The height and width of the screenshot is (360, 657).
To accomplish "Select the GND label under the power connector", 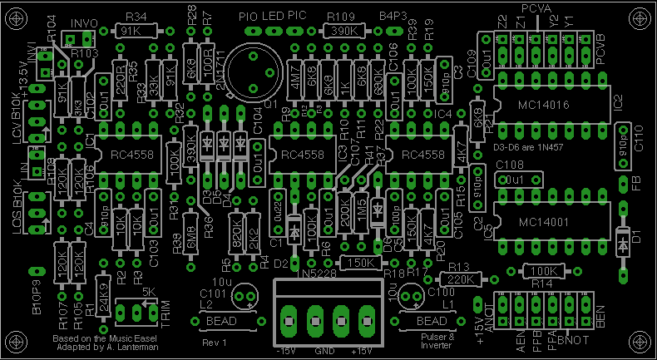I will [324, 352].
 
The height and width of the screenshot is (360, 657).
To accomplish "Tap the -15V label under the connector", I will [287, 352].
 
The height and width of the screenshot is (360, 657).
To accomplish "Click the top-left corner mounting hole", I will [17, 16].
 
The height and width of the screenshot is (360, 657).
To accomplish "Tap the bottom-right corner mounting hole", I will [639, 343].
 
